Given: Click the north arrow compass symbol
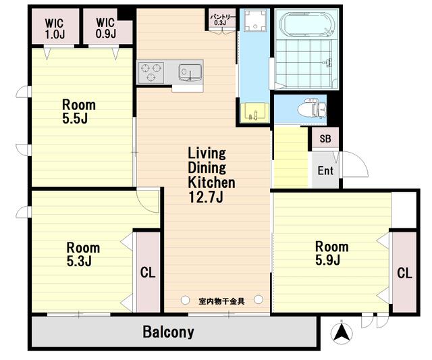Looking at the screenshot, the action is (x=342, y=332).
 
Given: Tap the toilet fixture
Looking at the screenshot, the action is (x=312, y=109).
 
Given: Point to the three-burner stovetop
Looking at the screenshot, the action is (x=151, y=72).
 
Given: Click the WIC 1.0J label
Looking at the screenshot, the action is (x=55, y=28).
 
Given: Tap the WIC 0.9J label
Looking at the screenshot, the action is (x=106, y=28).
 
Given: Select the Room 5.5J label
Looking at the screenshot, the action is (x=79, y=111).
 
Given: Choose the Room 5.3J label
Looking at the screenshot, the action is (x=83, y=254).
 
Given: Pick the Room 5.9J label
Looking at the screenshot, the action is (x=331, y=253).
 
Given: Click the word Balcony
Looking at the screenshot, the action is (x=168, y=332).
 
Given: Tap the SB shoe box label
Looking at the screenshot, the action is (x=325, y=138).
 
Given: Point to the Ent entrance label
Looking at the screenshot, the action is (x=325, y=171).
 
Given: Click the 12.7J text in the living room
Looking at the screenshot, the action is (x=205, y=197).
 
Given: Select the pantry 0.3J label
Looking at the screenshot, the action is (x=222, y=20).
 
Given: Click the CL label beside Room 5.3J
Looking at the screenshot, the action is (x=148, y=272).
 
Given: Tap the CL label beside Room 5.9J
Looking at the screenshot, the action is (x=404, y=273).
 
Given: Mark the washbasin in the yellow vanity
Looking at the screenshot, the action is (x=254, y=113).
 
